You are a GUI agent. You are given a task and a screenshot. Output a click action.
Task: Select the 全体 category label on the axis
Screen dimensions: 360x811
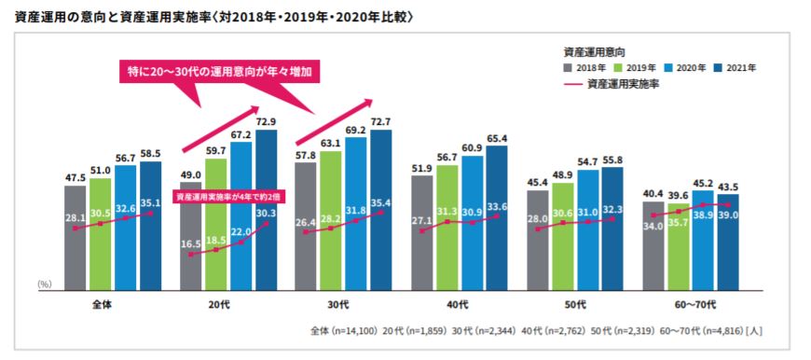(x=103, y=305)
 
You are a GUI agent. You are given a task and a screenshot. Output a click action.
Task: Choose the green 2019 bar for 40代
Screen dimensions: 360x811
(x=447, y=224)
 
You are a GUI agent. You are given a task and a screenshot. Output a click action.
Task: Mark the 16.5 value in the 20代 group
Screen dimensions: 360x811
(x=191, y=243)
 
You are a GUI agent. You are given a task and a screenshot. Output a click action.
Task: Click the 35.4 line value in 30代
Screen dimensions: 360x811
(x=380, y=203)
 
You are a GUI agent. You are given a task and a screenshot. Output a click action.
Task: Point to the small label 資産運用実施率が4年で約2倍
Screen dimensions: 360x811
(x=228, y=197)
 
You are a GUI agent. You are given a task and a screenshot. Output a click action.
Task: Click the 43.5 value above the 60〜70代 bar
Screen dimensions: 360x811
(x=728, y=187)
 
